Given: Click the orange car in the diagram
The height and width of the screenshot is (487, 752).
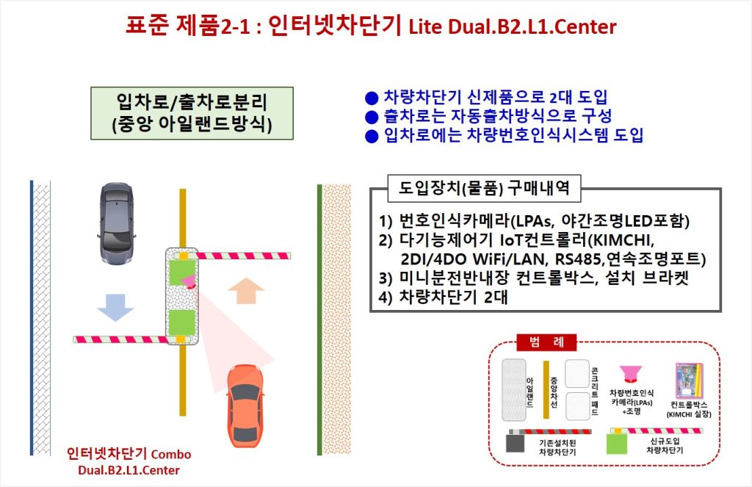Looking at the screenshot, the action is coord(245,405).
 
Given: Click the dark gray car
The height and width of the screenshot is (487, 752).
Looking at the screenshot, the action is coord(116,223).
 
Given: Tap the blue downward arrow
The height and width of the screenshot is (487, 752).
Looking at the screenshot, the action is coord(115,307).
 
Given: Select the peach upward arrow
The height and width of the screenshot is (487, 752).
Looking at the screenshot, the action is coord(246,291).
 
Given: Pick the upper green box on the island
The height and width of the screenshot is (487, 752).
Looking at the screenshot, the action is coord(182,273).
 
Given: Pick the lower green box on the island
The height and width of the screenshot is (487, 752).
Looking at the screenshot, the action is coord(182,322).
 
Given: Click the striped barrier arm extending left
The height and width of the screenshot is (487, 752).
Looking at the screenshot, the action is coord(123,339).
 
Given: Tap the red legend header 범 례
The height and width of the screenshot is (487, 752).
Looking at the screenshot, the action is coord(546,342).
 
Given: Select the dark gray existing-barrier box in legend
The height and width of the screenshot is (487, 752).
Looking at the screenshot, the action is coord(515,444).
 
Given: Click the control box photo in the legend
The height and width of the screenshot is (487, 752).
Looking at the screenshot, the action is coord(689,381).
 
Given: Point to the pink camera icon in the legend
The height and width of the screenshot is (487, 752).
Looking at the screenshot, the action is coord(630,373).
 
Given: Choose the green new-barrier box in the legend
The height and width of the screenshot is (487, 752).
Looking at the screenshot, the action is coord(617,444).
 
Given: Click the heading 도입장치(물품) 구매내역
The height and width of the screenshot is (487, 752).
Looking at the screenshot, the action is coord(484,187).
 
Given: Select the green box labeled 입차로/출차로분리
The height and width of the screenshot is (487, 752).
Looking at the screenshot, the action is coord(192,113).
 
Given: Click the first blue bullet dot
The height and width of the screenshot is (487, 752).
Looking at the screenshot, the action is coord(372,98).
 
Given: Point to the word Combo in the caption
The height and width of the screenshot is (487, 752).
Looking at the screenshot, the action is coord(170,455).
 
